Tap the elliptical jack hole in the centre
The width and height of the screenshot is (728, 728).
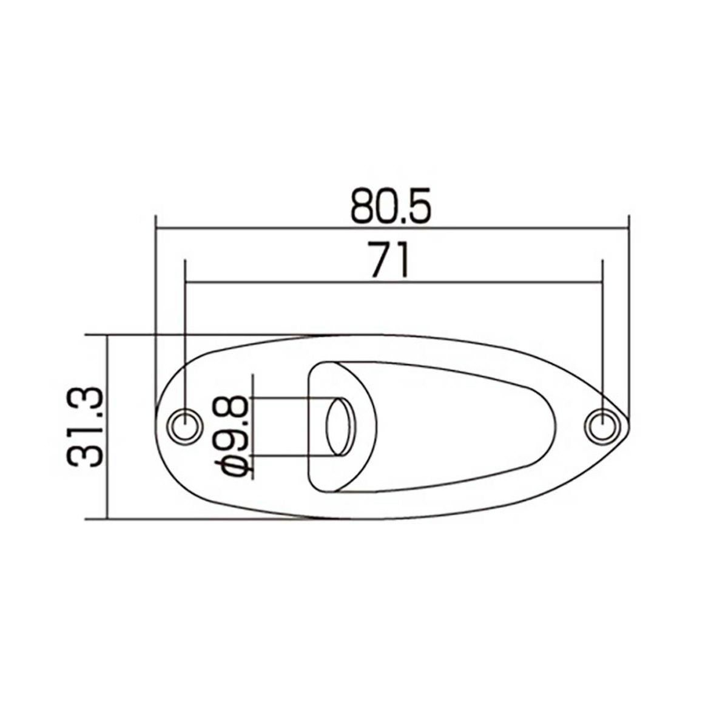pyautogui.click(x=341, y=426)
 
